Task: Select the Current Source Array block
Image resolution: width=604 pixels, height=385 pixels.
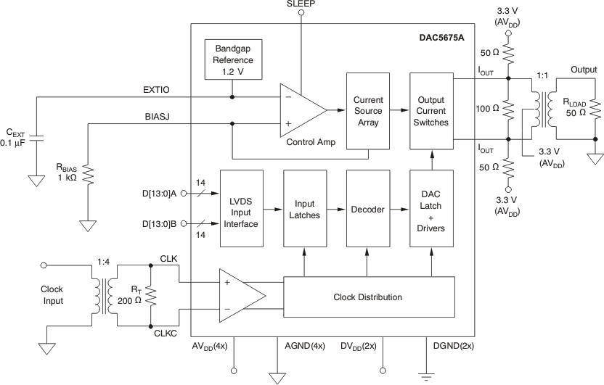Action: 368,111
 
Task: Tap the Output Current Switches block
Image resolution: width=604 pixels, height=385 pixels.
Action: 431,111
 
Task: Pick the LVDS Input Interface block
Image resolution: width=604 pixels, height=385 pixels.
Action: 240,209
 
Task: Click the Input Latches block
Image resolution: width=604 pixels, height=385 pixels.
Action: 304,209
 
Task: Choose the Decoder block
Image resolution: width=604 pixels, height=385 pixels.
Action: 367,209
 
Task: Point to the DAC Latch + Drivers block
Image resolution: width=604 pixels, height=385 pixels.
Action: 431,209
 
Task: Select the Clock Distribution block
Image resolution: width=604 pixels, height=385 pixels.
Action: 367,297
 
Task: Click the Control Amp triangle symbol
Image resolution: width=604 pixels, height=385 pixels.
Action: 301,110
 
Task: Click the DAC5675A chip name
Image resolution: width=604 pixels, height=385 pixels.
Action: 443,36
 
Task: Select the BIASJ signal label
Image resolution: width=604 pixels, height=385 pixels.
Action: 158,116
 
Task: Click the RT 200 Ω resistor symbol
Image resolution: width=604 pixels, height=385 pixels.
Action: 150,296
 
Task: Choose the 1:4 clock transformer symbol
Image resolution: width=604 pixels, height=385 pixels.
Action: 102,295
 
